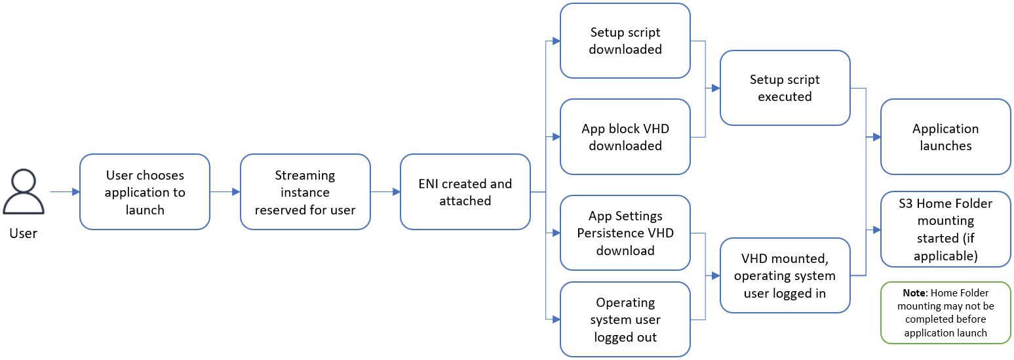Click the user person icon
(x=24, y=192)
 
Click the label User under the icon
(x=24, y=233)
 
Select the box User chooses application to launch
(x=145, y=192)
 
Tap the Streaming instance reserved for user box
(x=305, y=192)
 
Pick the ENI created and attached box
(x=465, y=192)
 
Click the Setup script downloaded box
(x=625, y=41)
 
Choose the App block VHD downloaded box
(x=625, y=137)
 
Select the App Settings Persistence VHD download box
(x=625, y=233)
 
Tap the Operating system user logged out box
(x=625, y=319)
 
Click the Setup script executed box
(x=785, y=88)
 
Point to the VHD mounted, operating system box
(x=785, y=275)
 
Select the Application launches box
(x=945, y=137)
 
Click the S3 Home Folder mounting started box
(x=945, y=230)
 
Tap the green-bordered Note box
(x=945, y=313)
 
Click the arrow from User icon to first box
(x=65, y=192)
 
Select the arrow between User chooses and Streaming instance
(x=225, y=192)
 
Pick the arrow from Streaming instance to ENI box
(x=385, y=192)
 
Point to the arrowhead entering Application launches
(x=876, y=138)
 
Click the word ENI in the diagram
(x=430, y=184)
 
